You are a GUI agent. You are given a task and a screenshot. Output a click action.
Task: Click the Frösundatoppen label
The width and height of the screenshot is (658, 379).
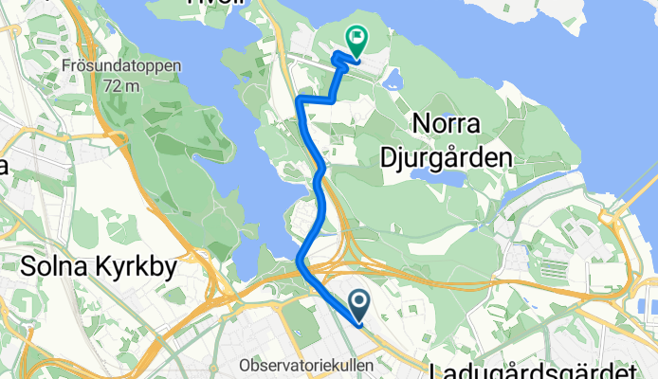coord(127,66)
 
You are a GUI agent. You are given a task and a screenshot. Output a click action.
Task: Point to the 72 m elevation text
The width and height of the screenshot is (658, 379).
coord(127,84)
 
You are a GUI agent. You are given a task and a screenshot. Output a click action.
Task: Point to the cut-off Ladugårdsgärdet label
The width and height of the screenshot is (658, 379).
coord(540,370)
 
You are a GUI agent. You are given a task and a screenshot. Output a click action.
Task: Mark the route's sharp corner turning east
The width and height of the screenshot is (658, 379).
coord(300,99)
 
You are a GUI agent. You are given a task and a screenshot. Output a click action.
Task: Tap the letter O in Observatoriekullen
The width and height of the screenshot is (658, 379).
coord(246,365)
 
